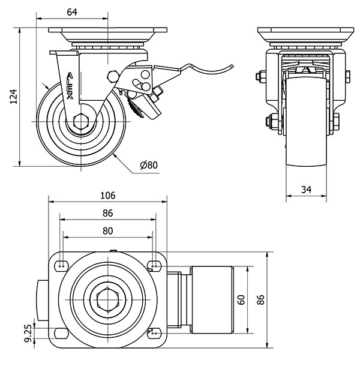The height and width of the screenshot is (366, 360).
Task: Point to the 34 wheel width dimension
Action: pyautogui.click(x=305, y=190)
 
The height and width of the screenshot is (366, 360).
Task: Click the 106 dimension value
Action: pyautogui.click(x=107, y=196)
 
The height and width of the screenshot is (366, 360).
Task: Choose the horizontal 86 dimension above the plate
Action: pyautogui.click(x=107, y=213)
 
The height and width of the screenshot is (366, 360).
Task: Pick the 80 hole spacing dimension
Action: pyautogui.click(x=107, y=230)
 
